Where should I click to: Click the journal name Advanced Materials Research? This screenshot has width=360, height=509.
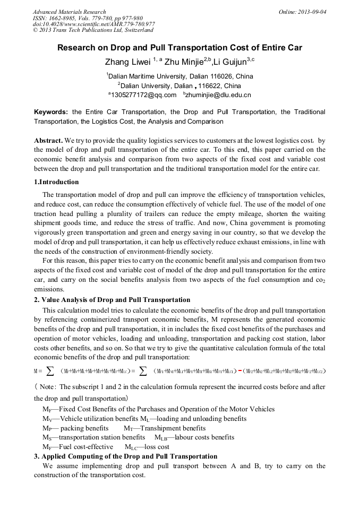click(x=69, y=12)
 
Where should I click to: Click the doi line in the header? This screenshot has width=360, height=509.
click(x=93, y=24)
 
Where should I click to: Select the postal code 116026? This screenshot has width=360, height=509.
click(x=209, y=76)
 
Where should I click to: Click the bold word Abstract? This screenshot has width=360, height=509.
click(x=48, y=141)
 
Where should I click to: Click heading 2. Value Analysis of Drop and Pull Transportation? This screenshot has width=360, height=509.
click(x=112, y=300)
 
